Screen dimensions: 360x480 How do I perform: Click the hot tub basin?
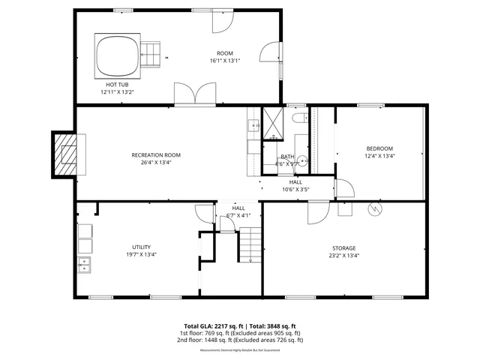coord(115,55)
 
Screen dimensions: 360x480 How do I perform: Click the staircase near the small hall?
coord(250,246)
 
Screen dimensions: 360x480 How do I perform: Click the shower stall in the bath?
coord(271,123)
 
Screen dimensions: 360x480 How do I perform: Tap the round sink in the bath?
coord(303,160)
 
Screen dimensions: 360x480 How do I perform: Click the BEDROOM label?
coord(379,148)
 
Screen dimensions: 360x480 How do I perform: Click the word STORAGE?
coord(344,248)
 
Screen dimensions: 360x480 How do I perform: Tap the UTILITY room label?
coord(142,247)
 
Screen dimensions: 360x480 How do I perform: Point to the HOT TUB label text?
coord(117,85)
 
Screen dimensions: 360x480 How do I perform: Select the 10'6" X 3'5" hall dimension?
coord(295,189)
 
